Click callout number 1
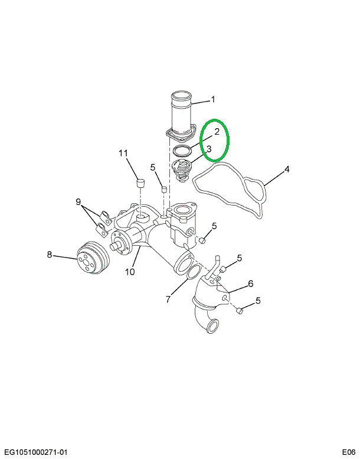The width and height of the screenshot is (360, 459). pyautogui.click(x=213, y=99)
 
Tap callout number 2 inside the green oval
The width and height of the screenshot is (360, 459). pyautogui.click(x=217, y=131)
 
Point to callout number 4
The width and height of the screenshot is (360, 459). pyautogui.click(x=287, y=170)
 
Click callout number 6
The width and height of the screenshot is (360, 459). pyautogui.click(x=250, y=284)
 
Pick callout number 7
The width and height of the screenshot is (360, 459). pyautogui.click(x=168, y=300)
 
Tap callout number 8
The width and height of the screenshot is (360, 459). pyautogui.click(x=50, y=255)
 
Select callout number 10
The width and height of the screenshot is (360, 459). pyautogui.click(x=130, y=272)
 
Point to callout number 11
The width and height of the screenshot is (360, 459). pyautogui.click(x=123, y=154)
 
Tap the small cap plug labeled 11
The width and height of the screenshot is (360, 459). pyautogui.click(x=141, y=183)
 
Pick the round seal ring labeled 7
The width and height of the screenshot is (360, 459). pyautogui.click(x=191, y=273)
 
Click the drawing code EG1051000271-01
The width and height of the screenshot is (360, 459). pyautogui.click(x=35, y=452)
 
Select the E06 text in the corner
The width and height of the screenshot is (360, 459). pyautogui.click(x=348, y=452)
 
